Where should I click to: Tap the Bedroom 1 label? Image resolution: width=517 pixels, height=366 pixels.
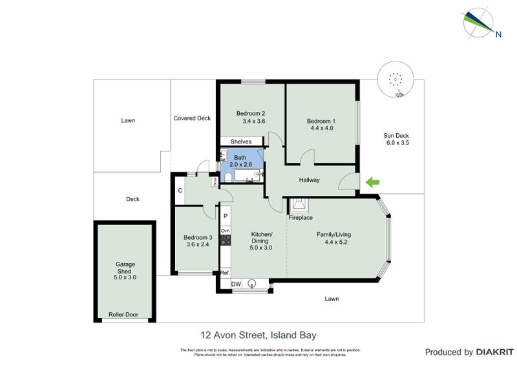[x=321, y=121]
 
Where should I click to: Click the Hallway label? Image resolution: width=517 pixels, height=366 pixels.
[x=309, y=180]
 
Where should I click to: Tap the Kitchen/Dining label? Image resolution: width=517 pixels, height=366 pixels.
[x=261, y=237]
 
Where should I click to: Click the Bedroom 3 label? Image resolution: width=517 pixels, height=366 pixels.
[x=198, y=237]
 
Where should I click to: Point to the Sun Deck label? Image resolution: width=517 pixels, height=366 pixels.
[x=397, y=135]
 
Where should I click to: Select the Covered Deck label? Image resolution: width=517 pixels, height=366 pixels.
[x=192, y=118]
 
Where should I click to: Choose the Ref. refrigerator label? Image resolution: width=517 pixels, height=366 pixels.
[x=225, y=273]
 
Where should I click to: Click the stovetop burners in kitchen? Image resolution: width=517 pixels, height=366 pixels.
[x=226, y=241]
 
